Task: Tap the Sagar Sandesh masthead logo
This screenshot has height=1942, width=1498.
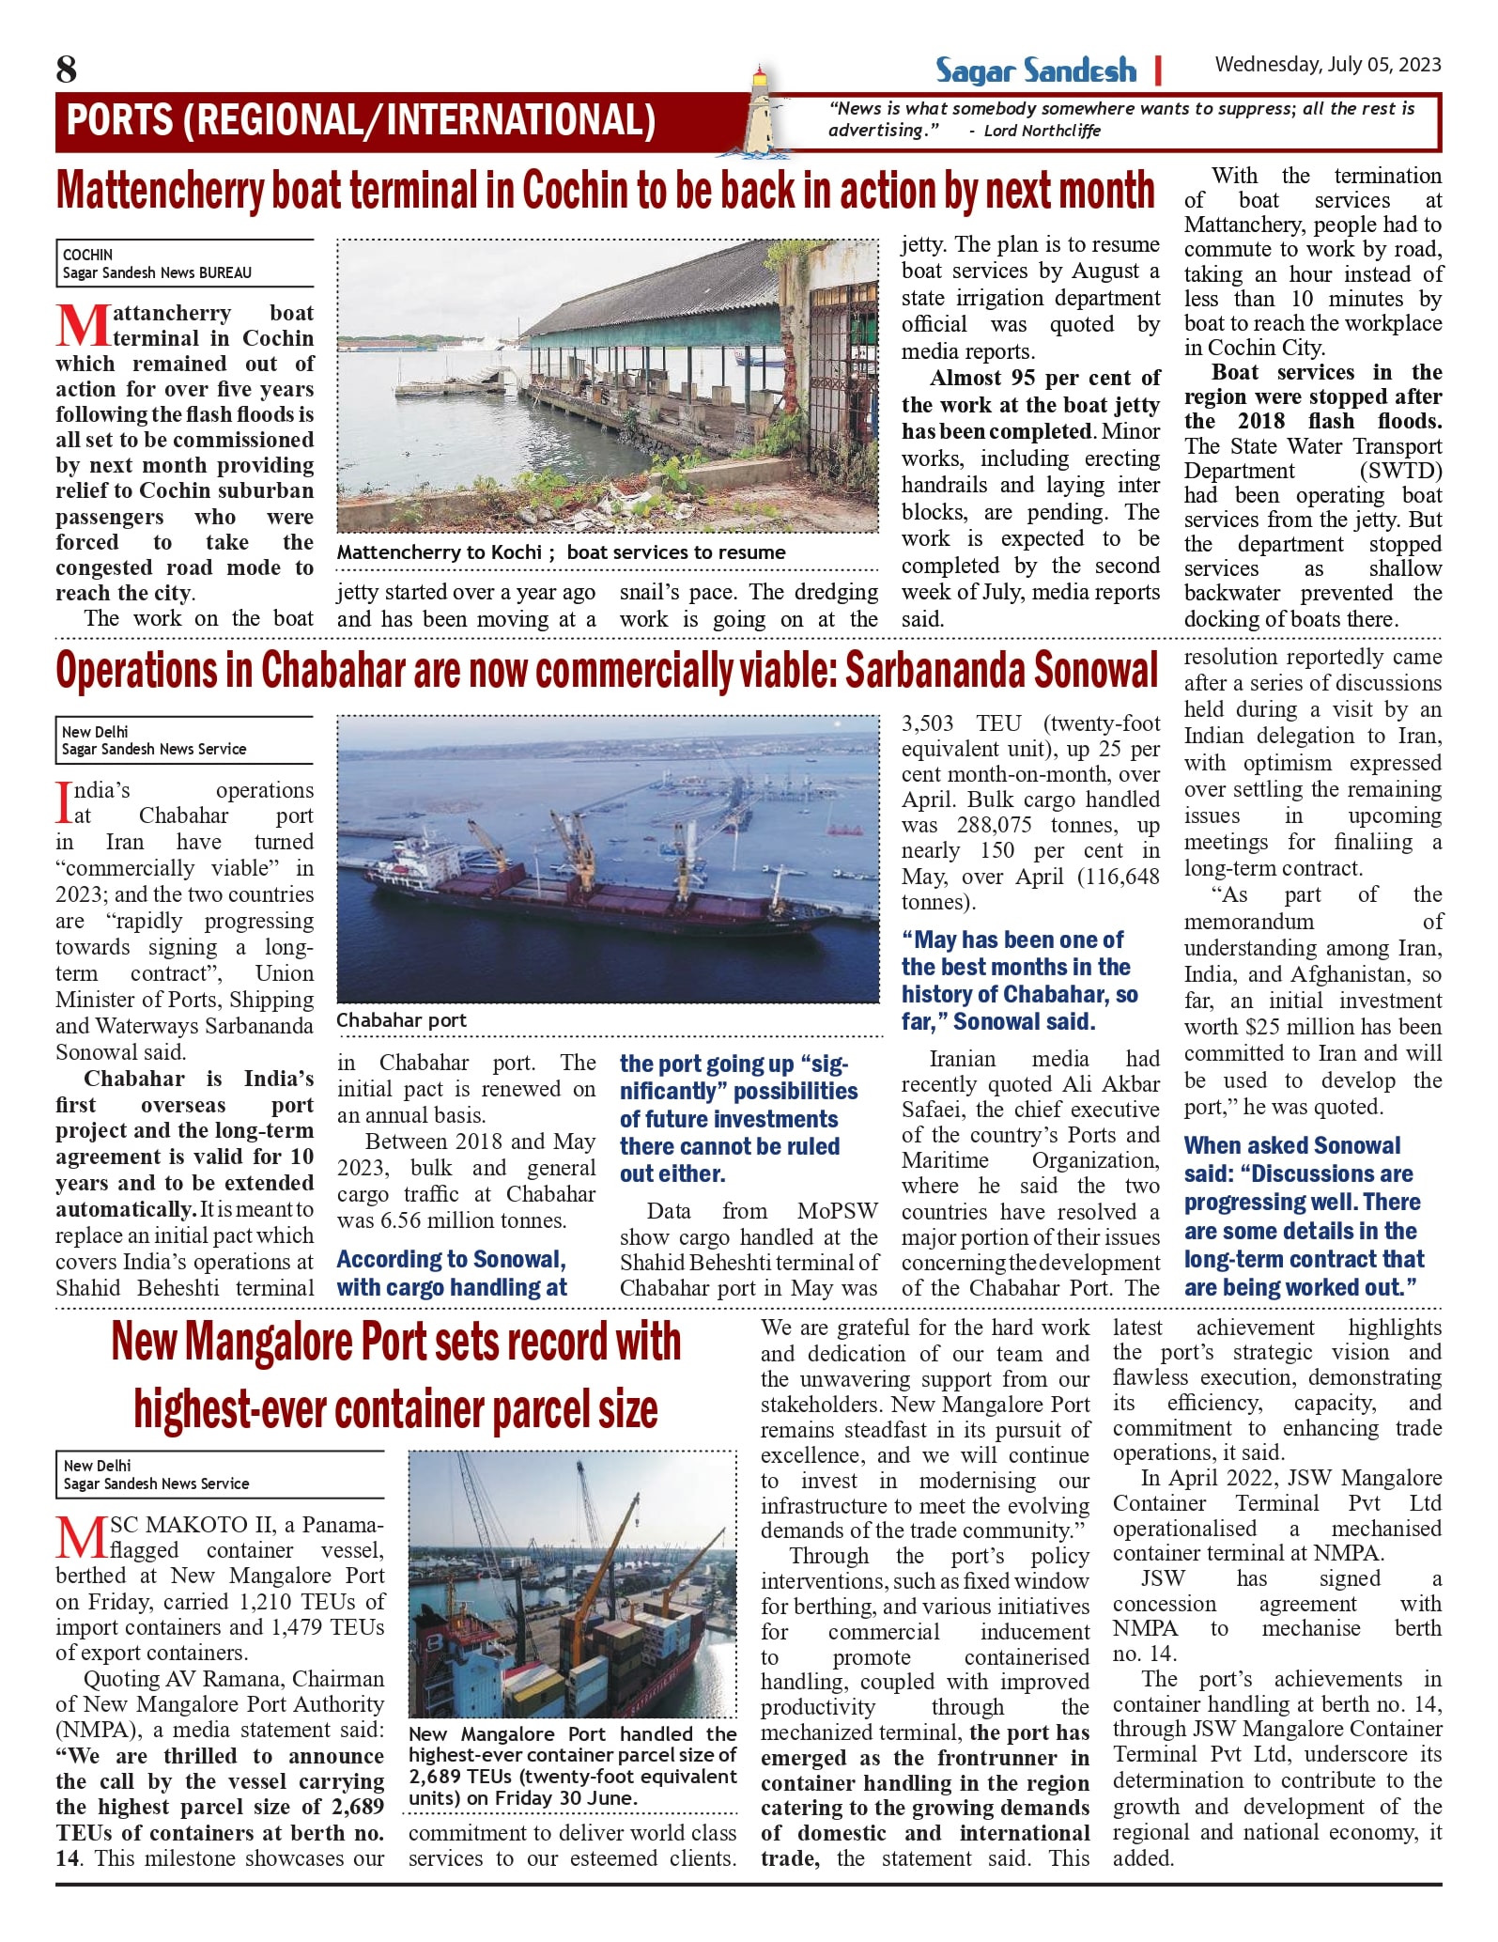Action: (1035, 70)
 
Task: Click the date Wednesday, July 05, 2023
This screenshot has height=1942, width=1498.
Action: (1327, 65)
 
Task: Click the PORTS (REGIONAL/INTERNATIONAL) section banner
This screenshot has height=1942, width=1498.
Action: (362, 121)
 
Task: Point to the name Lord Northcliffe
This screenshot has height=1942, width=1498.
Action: (1042, 132)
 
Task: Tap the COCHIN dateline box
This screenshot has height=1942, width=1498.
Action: (185, 263)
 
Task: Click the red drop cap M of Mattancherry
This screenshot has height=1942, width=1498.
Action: (83, 325)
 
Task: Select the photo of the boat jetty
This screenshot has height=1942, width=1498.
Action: (608, 385)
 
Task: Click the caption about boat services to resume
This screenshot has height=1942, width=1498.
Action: (561, 552)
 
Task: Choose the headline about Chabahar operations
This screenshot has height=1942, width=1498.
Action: (606, 671)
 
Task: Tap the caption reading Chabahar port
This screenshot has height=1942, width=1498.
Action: (401, 1020)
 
